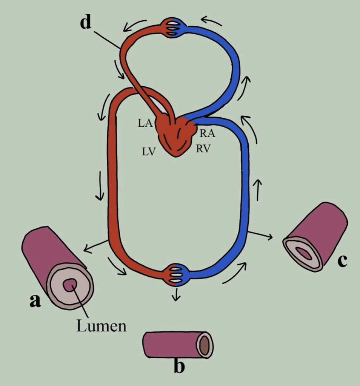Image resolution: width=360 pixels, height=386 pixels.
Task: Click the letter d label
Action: (x=86, y=23)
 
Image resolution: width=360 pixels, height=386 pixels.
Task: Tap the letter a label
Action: (x=35, y=300)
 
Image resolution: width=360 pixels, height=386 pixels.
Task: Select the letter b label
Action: (x=179, y=366)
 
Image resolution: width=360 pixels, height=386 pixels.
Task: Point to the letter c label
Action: (x=342, y=261)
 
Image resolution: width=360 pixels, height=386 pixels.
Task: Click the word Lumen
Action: (x=101, y=326)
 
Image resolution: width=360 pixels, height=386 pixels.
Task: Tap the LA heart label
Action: (x=145, y=123)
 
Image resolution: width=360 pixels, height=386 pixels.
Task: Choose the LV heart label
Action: (x=149, y=152)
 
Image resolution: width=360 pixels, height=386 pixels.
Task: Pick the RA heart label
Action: (x=207, y=133)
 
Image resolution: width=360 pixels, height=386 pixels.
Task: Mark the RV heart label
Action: (x=203, y=149)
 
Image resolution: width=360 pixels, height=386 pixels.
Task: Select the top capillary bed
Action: (x=174, y=28)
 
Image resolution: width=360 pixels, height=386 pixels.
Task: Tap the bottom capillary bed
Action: (x=176, y=275)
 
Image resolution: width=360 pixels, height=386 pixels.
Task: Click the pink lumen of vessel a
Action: (x=70, y=285)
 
